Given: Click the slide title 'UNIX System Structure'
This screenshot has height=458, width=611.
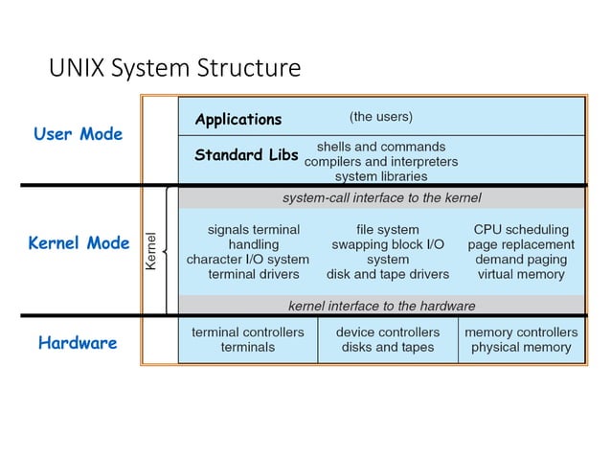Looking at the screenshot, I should point(174,69).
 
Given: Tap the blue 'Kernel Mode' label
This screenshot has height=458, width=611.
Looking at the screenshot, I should point(79,243).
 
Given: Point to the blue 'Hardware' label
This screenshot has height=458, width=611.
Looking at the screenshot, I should point(78,343).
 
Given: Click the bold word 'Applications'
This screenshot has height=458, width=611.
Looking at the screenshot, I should point(238,120).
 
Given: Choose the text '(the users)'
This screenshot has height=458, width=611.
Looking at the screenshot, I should point(380,117).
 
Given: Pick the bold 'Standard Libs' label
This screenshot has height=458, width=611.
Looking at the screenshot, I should point(246,154).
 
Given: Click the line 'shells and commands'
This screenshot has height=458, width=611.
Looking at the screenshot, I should point(380,147).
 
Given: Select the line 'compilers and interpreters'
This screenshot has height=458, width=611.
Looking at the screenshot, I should point(380,162).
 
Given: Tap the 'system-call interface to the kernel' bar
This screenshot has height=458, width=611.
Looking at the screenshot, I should point(381,198).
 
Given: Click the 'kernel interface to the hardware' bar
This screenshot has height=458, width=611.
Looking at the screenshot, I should point(381,306).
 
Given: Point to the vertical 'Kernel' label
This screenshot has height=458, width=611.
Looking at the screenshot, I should point(150,251).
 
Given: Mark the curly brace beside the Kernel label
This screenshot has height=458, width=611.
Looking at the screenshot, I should point(168,251).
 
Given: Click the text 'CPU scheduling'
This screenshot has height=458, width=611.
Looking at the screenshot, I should point(521,230).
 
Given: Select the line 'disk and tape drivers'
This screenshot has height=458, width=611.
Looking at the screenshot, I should point(387,274).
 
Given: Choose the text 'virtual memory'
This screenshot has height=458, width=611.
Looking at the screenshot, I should point(521,274).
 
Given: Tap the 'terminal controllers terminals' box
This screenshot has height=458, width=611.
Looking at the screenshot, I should point(248,339).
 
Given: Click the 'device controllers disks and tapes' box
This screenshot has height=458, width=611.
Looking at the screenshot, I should point(388,339).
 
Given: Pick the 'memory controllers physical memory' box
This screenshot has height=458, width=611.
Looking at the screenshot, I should point(521,339).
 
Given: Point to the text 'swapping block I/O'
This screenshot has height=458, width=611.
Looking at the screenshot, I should point(387,244).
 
